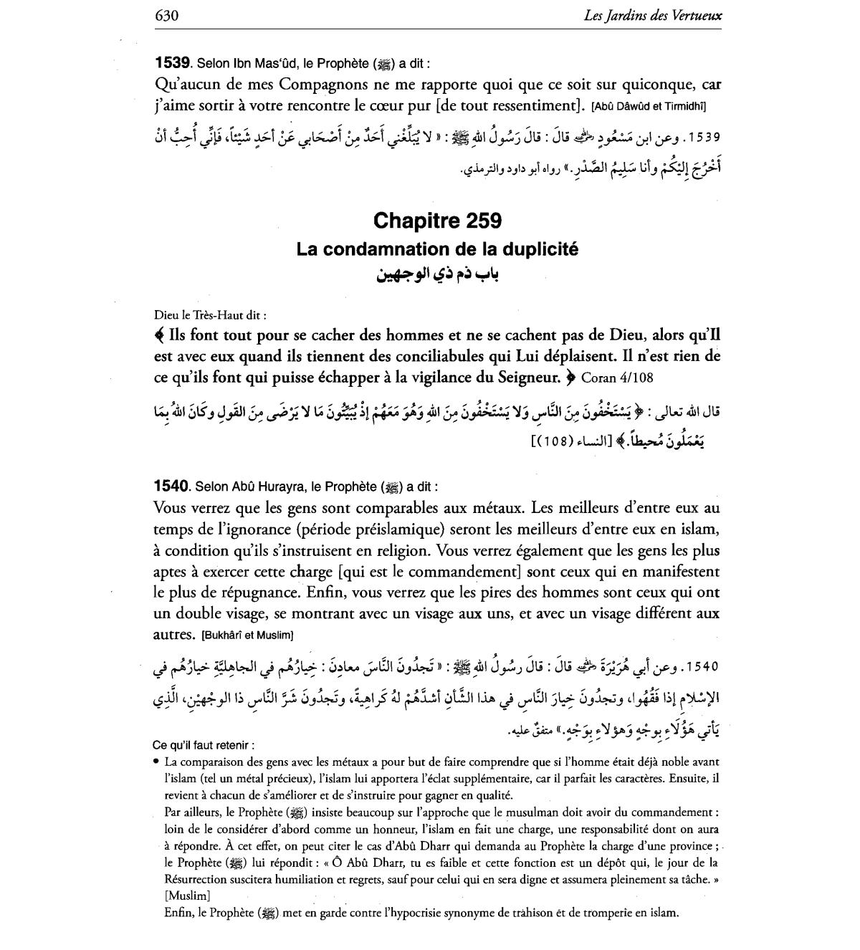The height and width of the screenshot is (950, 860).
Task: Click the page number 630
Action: click(x=166, y=15)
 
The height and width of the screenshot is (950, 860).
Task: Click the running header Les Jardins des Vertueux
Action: click(x=653, y=15)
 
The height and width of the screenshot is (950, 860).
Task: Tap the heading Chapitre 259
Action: click(x=436, y=220)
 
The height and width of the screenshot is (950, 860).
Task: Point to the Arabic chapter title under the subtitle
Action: click(x=437, y=274)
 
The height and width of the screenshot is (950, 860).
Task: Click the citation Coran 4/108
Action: click(x=616, y=377)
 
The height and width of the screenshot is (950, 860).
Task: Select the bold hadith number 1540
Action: click(x=171, y=486)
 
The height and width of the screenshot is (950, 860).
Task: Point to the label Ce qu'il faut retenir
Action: click(x=204, y=745)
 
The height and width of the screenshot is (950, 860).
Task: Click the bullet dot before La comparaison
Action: click(x=156, y=762)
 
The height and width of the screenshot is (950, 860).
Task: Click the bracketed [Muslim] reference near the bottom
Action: click(x=187, y=895)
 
